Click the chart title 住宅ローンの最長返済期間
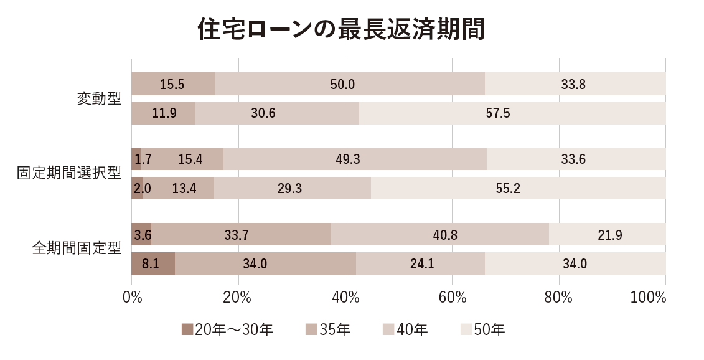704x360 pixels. [340, 29]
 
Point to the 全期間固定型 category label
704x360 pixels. [77, 249]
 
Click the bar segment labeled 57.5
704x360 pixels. [512, 113]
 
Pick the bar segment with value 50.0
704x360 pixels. [350, 84]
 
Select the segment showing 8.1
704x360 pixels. [153, 264]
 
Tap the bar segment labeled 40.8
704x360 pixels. [440, 235]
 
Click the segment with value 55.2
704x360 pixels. [518, 188]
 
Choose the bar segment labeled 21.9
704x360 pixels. [608, 235]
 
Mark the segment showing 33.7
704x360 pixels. [241, 235]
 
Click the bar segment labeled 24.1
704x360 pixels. [420, 264]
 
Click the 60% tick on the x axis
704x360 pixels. [453, 298]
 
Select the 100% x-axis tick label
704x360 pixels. [648, 298]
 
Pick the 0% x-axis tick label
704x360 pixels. [132, 298]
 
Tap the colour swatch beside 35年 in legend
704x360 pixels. [312, 329]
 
